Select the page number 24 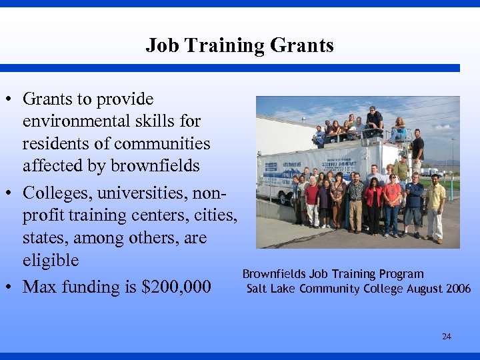point(446,337)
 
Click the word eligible point(51,260)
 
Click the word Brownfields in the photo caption point(274,274)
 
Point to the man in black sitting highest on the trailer point(375,121)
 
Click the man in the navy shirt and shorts point(414,203)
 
